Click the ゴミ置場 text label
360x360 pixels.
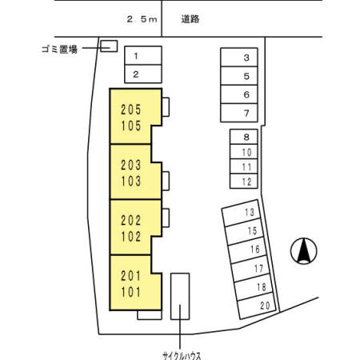(58, 48)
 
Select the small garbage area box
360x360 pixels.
(108, 46)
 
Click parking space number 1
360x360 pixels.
(136, 56)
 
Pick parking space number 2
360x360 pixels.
(136, 74)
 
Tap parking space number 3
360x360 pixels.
(246, 58)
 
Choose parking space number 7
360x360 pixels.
(246, 113)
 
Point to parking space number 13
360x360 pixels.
(250, 213)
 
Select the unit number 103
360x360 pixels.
(130, 181)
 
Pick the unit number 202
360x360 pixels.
(130, 222)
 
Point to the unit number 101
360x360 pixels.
(130, 292)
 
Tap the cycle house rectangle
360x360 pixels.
(181, 296)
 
